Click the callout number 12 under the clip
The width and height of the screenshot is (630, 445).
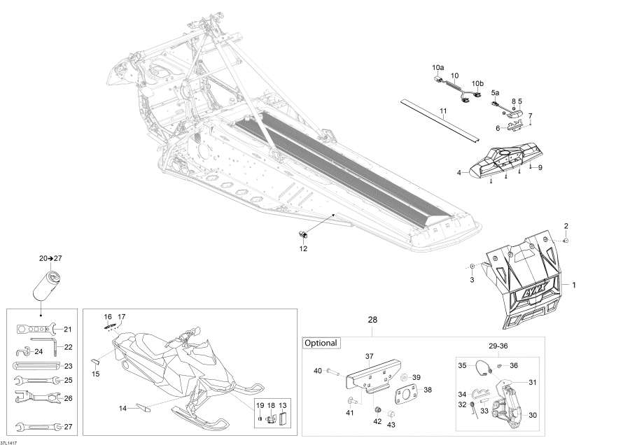click(x=303, y=248)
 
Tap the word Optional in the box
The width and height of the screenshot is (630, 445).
click(x=321, y=343)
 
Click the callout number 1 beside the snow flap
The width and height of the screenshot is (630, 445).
click(x=574, y=285)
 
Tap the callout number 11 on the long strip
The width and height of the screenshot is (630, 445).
click(x=443, y=111)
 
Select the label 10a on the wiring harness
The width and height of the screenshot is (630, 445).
click(x=437, y=67)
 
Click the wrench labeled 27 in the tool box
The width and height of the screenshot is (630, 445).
click(x=36, y=425)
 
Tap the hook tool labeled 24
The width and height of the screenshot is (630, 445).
click(x=22, y=351)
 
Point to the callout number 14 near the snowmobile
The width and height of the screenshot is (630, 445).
click(x=123, y=407)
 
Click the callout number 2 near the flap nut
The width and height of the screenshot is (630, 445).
click(x=566, y=225)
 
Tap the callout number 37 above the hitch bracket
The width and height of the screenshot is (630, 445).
click(x=369, y=356)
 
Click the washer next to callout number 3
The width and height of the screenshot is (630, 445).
click(x=472, y=267)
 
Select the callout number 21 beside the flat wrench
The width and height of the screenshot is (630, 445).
click(x=68, y=329)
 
